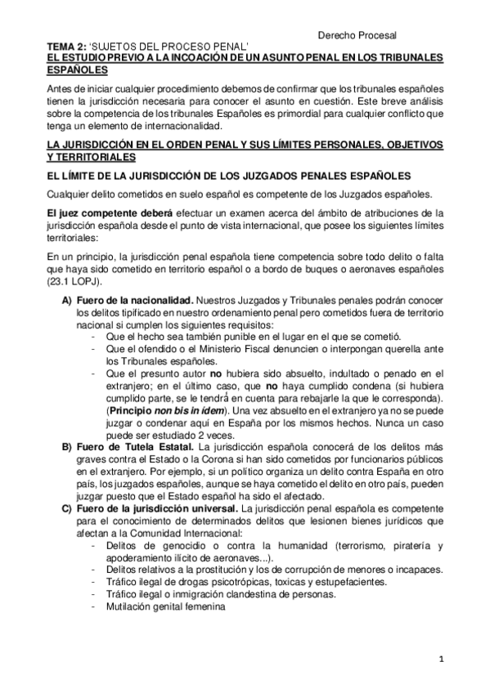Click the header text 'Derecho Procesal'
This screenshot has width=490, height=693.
click(x=356, y=35)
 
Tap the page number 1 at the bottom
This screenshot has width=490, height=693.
click(x=439, y=657)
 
